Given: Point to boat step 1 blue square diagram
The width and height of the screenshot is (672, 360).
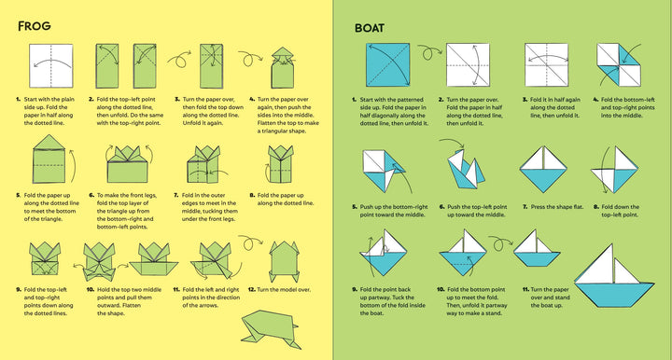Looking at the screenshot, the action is click(380, 68).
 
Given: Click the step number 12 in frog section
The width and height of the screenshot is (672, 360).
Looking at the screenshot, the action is click(251, 290).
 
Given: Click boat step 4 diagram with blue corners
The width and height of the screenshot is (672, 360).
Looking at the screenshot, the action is click(623, 68).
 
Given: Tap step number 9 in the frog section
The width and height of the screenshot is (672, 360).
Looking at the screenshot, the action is click(18, 290).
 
